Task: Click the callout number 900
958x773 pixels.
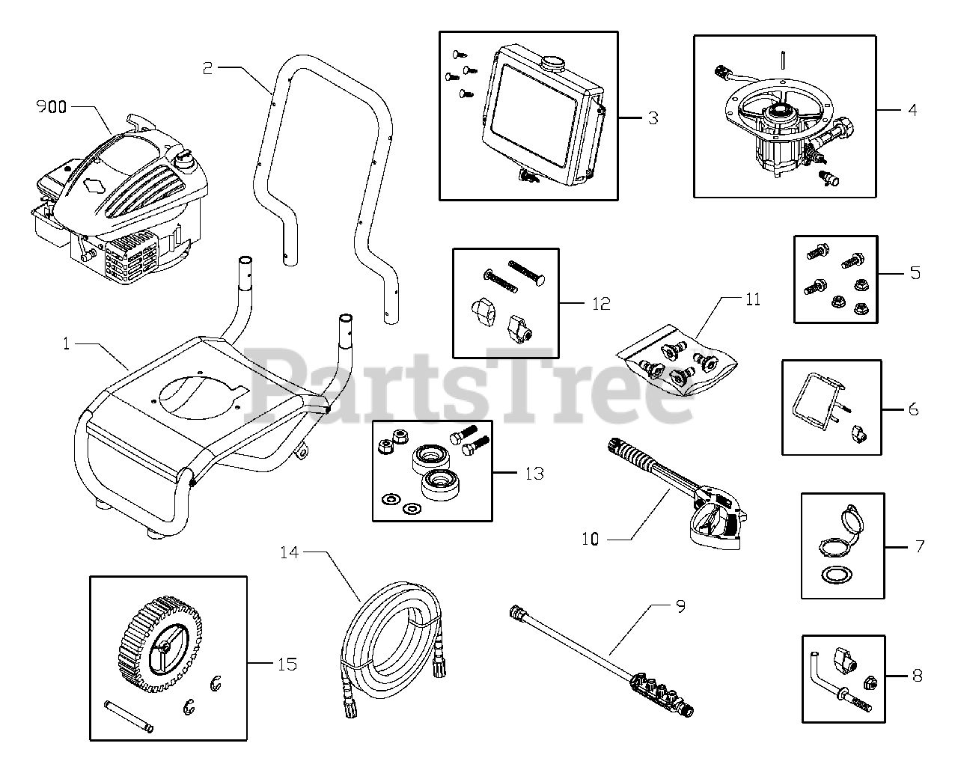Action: click(52, 107)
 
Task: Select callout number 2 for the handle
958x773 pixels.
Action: click(207, 68)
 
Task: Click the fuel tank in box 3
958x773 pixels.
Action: click(539, 120)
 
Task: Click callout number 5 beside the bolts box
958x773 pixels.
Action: click(915, 272)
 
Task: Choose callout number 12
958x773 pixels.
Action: click(601, 304)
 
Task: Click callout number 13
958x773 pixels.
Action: click(534, 474)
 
